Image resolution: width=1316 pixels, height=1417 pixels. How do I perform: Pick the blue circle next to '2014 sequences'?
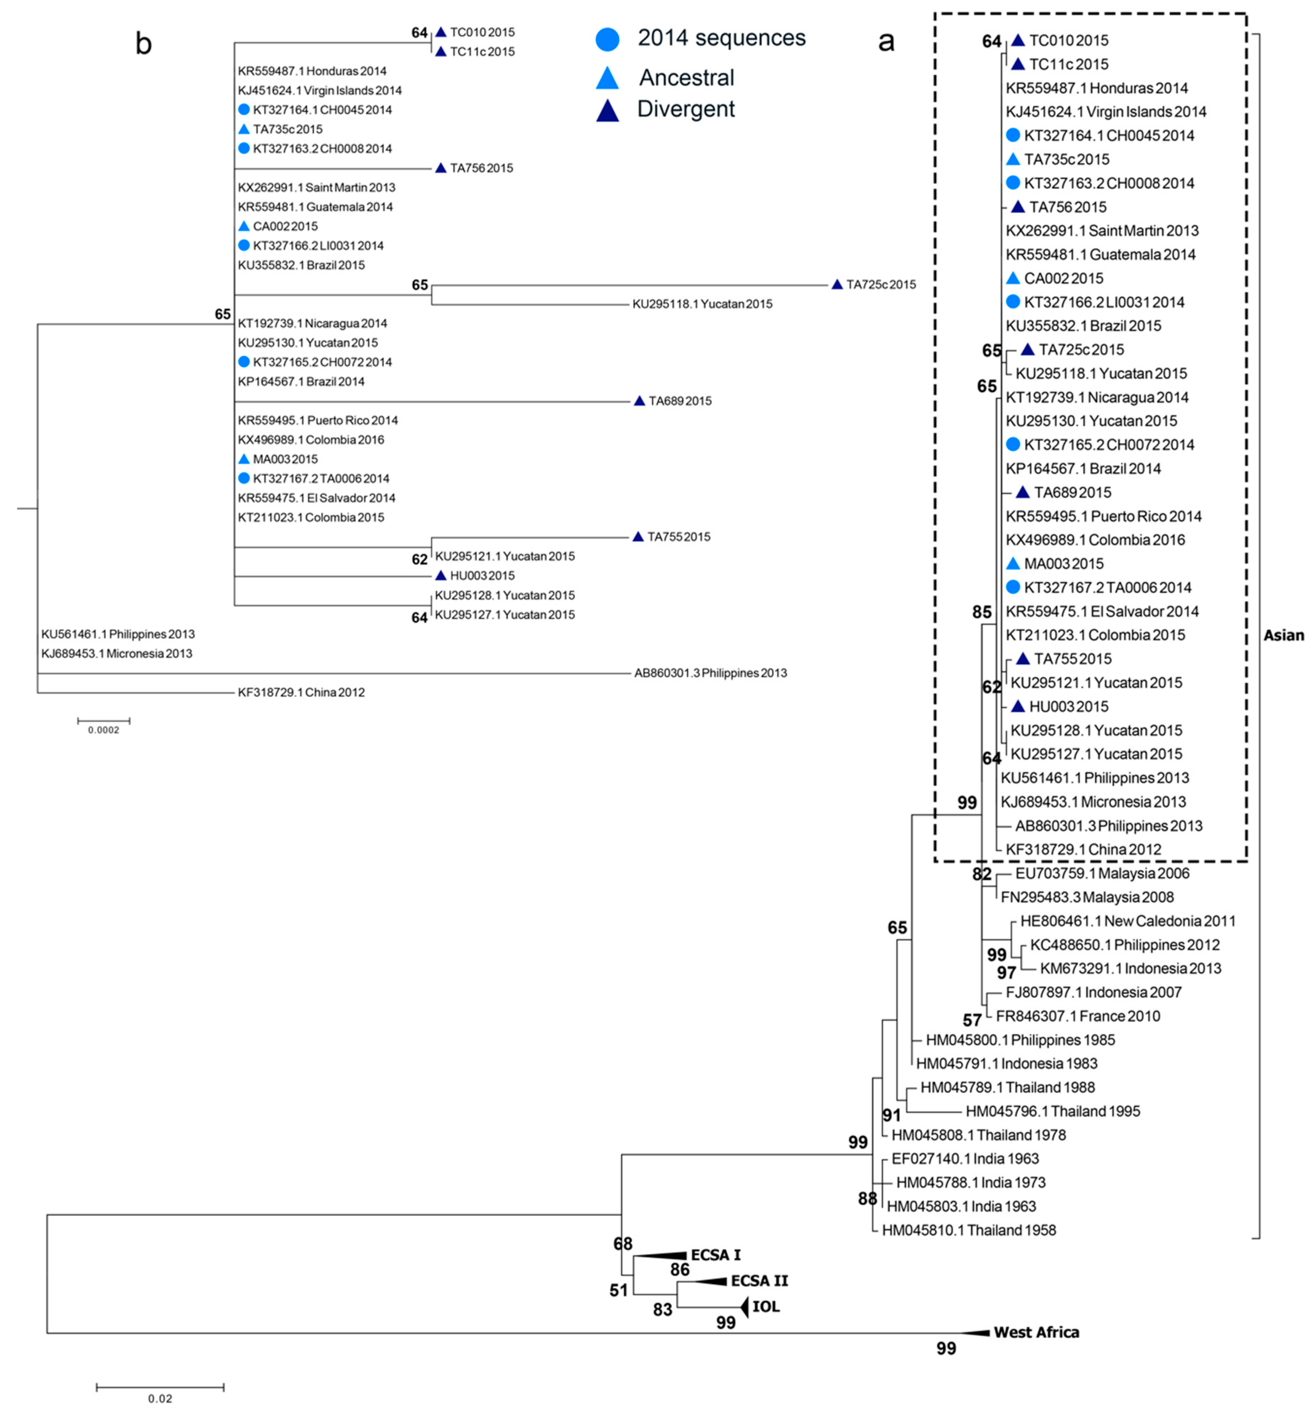607,38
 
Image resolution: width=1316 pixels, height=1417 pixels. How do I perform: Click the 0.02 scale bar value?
160,1399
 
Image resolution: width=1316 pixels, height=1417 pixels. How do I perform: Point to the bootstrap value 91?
892,1115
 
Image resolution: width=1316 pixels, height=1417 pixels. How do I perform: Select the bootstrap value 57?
972,1021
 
